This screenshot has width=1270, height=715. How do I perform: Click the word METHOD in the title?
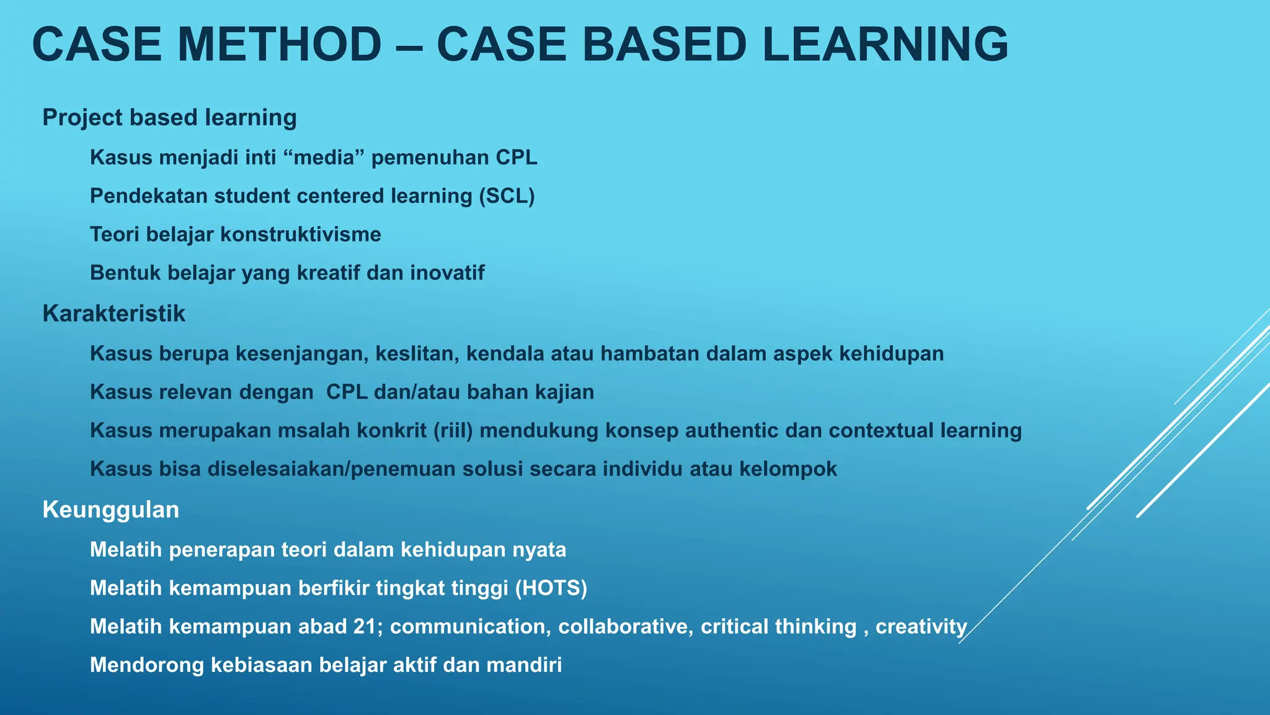tap(279, 45)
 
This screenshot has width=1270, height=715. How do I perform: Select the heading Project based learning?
tap(169, 117)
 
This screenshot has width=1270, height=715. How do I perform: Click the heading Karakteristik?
tap(113, 313)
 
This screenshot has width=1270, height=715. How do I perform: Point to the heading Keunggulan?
tap(110, 510)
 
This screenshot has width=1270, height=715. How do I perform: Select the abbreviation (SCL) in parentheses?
tap(507, 196)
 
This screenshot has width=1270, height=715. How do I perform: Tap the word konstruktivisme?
tap(300, 235)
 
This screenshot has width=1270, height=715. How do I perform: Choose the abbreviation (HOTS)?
tap(551, 588)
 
